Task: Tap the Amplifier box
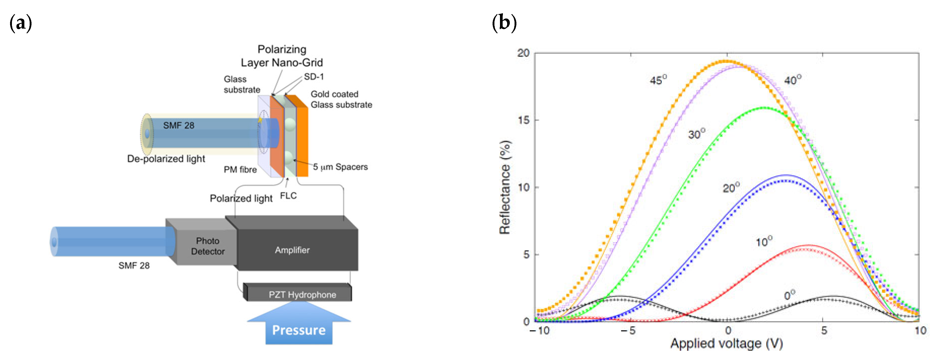(292, 250)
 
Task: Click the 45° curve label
(658, 80)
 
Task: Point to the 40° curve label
(792, 80)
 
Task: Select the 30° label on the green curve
(696, 134)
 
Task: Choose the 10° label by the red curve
(763, 241)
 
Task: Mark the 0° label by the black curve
(789, 295)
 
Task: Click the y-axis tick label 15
(523, 120)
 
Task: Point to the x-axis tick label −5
(628, 331)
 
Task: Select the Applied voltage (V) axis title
(726, 343)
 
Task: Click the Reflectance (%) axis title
(505, 187)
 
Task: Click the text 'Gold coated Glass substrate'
(341, 99)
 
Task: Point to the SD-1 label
(314, 76)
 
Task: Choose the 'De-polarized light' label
(166, 159)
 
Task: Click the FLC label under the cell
(288, 196)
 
